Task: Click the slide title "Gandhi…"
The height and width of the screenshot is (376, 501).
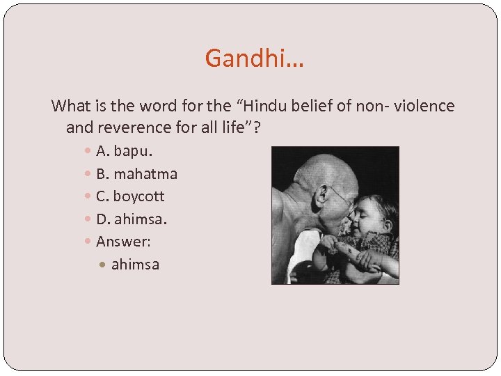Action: click(255, 58)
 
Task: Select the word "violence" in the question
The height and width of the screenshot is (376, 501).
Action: click(424, 106)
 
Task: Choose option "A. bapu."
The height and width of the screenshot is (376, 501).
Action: click(124, 150)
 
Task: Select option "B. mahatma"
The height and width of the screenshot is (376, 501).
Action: click(136, 173)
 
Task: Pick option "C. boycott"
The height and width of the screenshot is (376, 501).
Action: click(130, 196)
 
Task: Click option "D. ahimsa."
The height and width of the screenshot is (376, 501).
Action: click(132, 219)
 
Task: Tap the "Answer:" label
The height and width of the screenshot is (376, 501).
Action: click(123, 242)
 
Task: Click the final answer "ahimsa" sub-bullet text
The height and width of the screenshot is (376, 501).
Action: click(135, 265)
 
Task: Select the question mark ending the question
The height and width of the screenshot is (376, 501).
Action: click(265, 127)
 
